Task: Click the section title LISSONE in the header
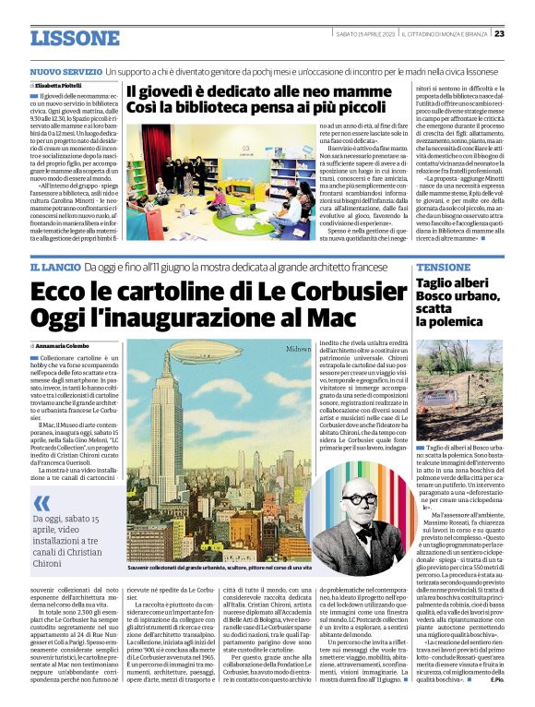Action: [x=74, y=38]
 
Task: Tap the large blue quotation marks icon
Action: [x=42, y=503]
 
